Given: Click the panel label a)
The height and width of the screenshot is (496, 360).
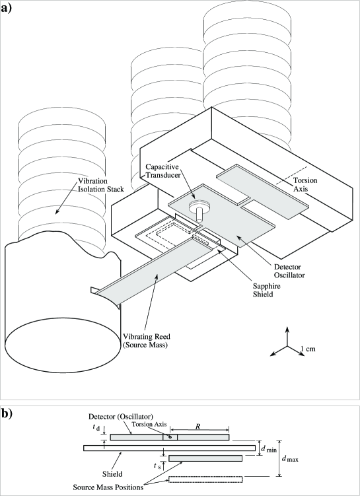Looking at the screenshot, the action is [x=7, y=8].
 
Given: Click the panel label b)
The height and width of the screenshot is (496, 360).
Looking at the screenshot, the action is [x=7, y=413].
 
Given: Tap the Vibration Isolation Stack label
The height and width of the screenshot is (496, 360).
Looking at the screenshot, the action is [x=101, y=185].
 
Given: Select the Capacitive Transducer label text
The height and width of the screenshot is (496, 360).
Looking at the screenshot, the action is [x=163, y=171].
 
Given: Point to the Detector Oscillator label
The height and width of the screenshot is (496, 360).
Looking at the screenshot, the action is [x=289, y=271].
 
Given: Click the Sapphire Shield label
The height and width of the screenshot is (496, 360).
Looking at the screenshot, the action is [x=266, y=290].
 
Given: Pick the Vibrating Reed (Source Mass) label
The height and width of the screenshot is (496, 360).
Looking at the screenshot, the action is [x=146, y=341].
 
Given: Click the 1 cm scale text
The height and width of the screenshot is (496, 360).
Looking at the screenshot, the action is [x=308, y=349].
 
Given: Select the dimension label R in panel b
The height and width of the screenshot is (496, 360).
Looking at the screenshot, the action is [x=198, y=427].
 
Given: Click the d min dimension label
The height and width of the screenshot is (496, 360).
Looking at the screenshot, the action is [x=269, y=448].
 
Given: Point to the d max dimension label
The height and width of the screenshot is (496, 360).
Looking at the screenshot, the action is [x=290, y=458].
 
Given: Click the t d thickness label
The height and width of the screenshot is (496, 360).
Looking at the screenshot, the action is [x=96, y=427].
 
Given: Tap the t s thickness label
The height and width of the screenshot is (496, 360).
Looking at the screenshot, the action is [x=157, y=466].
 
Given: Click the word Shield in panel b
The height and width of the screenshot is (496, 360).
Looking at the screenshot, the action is [x=112, y=474].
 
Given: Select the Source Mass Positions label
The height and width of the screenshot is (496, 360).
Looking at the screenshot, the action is [x=108, y=487].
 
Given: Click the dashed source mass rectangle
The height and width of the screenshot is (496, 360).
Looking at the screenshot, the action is [x=205, y=479].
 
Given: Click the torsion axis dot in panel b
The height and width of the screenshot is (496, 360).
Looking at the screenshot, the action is [x=170, y=437].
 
